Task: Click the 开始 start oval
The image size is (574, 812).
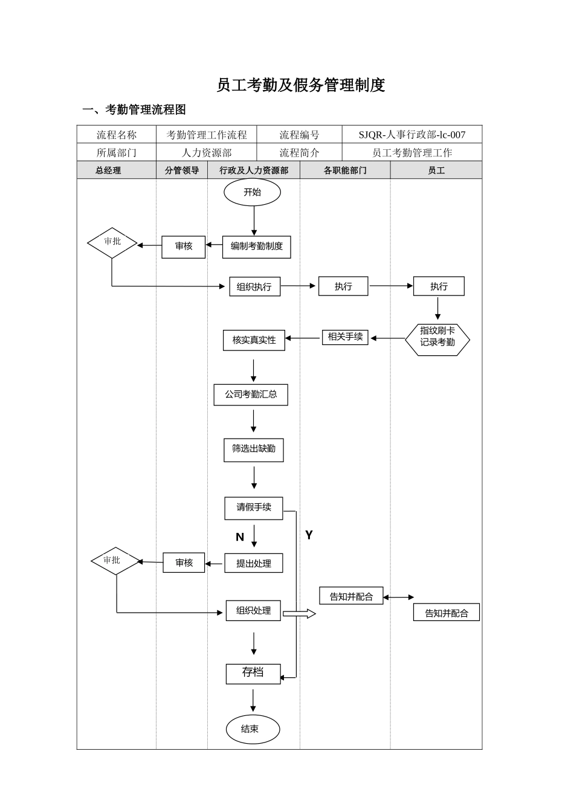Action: tap(252, 193)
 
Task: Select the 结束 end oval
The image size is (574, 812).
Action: tap(253, 729)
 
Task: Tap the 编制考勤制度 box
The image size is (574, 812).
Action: tap(256, 246)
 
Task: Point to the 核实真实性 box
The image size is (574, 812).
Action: tap(254, 340)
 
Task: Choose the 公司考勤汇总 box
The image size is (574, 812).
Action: tap(251, 395)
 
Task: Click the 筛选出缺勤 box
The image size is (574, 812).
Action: tap(253, 449)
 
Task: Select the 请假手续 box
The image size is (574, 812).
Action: tap(253, 507)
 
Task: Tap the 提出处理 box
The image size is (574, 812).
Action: tap(253, 563)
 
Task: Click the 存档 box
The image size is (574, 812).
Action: tap(253, 672)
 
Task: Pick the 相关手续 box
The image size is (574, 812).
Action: tap(345, 337)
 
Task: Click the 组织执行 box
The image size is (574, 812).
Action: tap(254, 286)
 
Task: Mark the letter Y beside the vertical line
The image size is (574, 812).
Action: tap(309, 535)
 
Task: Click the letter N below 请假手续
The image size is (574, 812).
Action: tap(240, 537)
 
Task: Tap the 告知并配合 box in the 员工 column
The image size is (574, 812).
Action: tap(447, 613)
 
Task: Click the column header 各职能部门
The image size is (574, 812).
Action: tap(345, 170)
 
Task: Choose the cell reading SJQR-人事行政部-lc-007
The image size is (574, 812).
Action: tap(412, 135)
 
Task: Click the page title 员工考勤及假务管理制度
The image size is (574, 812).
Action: tap(300, 85)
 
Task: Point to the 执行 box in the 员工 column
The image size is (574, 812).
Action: tap(439, 286)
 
